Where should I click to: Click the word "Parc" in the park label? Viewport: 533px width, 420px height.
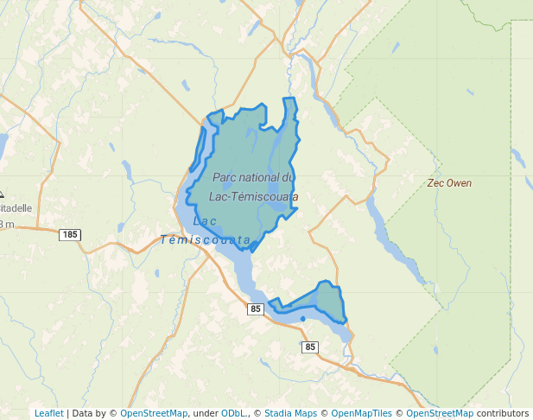click(x=225, y=177)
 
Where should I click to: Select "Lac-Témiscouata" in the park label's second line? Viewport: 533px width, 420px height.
click(x=253, y=196)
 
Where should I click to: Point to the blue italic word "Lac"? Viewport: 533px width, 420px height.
click(x=205, y=221)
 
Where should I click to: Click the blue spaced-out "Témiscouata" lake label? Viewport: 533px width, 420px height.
click(x=206, y=239)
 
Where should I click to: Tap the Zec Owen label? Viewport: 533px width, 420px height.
click(x=449, y=183)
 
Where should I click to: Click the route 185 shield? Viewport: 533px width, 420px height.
click(x=70, y=234)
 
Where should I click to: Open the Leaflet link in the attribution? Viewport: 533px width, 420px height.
click(x=48, y=413)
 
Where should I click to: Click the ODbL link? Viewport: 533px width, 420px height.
click(x=232, y=413)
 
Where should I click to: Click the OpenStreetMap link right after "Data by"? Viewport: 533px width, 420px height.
click(x=154, y=413)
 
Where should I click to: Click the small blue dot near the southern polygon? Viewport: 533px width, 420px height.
click(x=303, y=319)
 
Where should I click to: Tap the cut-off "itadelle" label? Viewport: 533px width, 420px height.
click(x=16, y=208)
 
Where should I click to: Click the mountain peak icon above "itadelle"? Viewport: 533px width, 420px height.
click(x=2, y=195)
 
